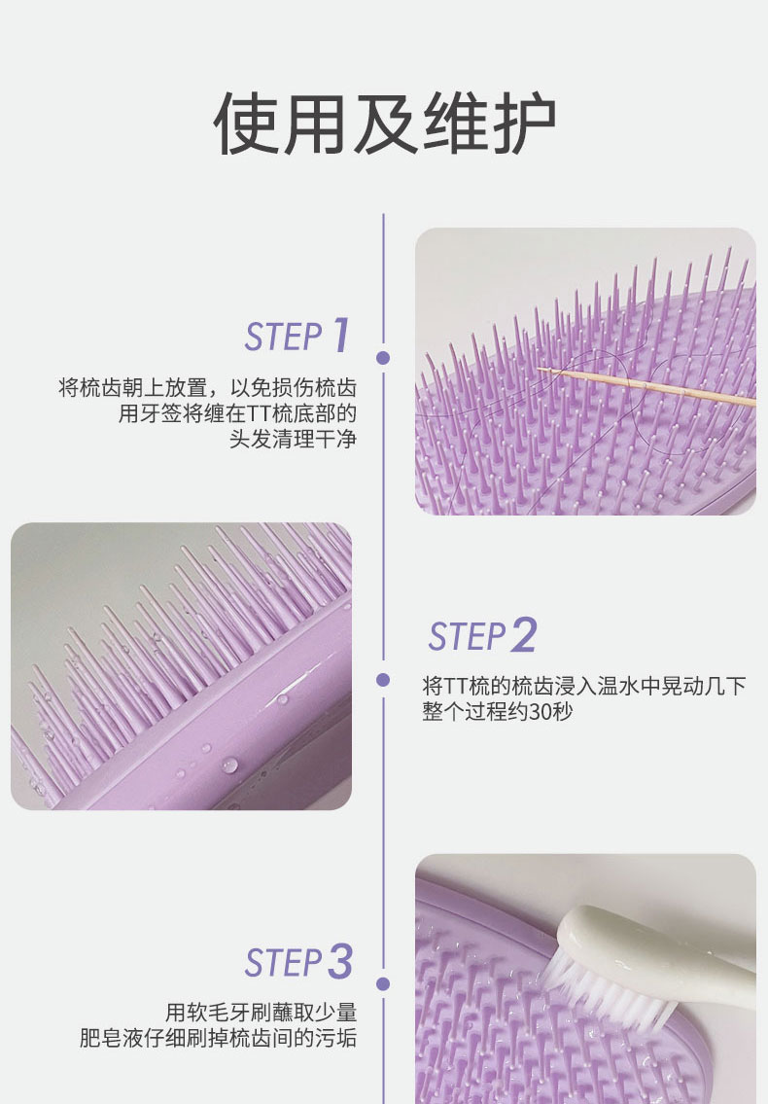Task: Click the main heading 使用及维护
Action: click(384, 124)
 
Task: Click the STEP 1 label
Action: click(297, 336)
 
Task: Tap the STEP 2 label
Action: click(483, 635)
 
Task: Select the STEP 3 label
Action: click(298, 962)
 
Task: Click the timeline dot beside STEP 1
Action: click(383, 358)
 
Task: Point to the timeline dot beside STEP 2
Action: click(383, 680)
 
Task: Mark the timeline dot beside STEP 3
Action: click(383, 983)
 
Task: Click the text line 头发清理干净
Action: click(293, 440)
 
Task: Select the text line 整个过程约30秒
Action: click(498, 711)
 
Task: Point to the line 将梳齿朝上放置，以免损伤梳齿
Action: click(208, 387)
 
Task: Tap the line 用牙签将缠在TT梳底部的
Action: click(237, 413)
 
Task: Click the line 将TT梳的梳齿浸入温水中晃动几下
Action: click(584, 685)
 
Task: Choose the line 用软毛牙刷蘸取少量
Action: click(262, 1013)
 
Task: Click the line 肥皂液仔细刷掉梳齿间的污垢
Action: click(218, 1038)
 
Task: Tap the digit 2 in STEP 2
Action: click(523, 635)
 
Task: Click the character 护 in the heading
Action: click(524, 124)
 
